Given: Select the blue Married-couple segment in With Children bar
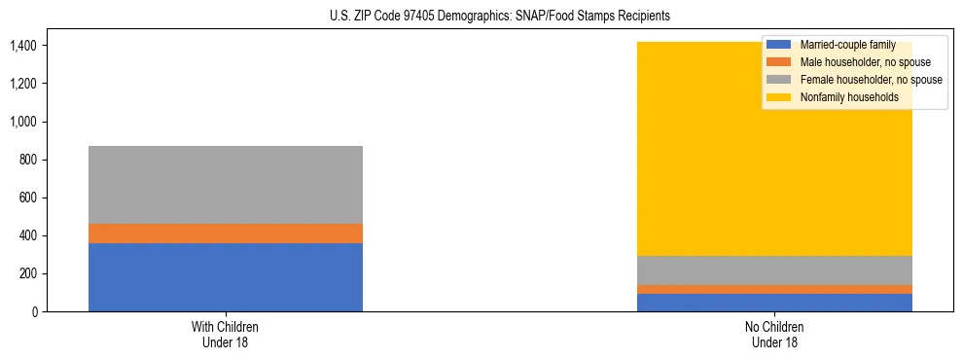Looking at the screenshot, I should pos(226,277).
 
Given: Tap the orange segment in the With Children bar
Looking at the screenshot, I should pos(226,234).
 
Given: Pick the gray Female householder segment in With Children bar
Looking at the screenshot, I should pos(226,185).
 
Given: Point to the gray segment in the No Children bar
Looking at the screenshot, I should pos(775,270).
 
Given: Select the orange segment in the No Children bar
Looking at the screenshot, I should pos(775,289).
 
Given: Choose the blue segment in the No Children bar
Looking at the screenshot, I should pos(775,303).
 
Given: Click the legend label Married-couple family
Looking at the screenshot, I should pos(847,45).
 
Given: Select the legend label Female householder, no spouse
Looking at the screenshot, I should pos(871,80).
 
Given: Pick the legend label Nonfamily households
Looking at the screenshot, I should pos(848,97).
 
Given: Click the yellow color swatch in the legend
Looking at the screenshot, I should pos(779,97).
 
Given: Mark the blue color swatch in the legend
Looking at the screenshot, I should pos(779,45).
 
